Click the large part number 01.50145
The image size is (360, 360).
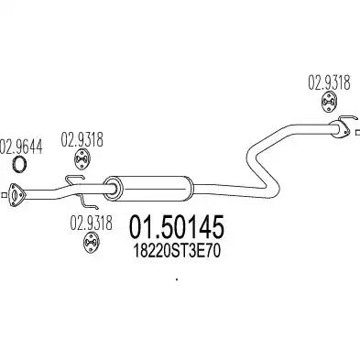178,227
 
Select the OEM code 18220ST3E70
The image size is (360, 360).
177,252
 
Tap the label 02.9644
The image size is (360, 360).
21,146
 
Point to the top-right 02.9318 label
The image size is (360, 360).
329,82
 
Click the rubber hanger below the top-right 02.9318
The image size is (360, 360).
329,103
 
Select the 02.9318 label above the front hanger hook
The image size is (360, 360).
82,140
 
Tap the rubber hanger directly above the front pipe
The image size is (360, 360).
82,158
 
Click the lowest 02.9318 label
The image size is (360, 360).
91,223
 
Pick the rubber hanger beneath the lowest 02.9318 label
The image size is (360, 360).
91,243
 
